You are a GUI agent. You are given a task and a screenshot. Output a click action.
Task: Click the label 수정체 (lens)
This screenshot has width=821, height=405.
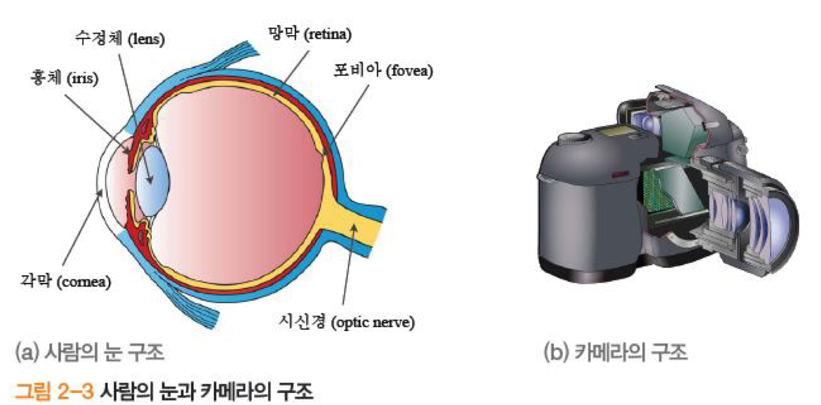coord(119,39)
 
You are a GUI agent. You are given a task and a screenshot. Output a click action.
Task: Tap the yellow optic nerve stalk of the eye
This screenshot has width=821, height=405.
coord(355,229)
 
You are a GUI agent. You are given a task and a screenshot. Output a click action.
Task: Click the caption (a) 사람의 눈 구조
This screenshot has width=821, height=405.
coord(89,353)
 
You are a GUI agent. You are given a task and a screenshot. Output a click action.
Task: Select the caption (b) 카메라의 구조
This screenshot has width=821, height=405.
coord(615,353)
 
